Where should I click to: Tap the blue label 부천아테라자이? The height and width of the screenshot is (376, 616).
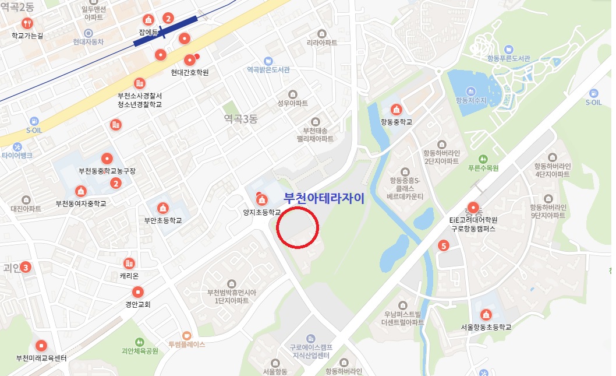tap(323, 198)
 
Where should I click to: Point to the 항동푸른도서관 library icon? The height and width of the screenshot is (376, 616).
tap(509, 50)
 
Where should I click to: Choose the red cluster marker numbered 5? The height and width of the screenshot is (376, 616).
tap(444, 246)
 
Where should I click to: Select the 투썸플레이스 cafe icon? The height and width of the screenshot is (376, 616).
tap(186, 335)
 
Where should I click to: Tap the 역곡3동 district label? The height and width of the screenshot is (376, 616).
tap(240, 119)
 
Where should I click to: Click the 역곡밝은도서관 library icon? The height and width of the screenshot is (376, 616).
tap(268, 61)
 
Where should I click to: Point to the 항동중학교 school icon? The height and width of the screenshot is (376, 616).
tap(396, 110)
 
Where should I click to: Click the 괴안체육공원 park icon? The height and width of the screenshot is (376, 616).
tap(139, 342)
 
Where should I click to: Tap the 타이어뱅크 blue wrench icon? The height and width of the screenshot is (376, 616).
tap(17, 146)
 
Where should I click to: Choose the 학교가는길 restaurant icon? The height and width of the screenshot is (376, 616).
tap(27, 23)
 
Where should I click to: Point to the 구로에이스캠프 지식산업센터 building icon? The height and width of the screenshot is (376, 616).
tap(310, 338)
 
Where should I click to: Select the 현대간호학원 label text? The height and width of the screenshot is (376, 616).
tap(190, 73)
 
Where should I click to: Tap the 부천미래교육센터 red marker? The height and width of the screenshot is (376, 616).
tap(41, 345)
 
